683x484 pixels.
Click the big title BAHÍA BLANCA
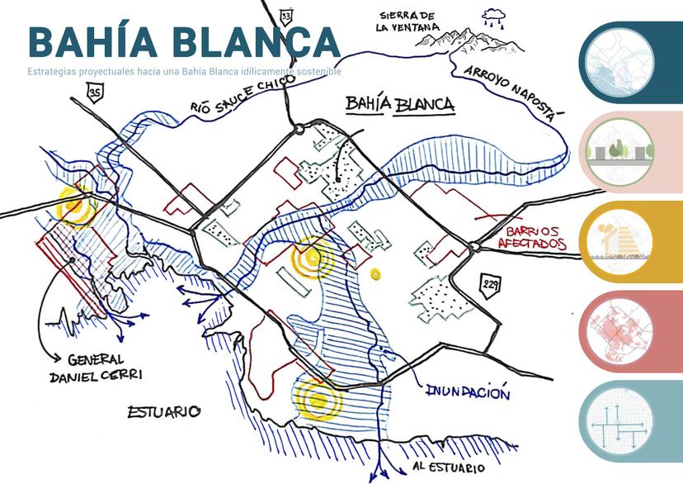pos(183,41)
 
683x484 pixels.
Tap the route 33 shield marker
pos(286,17)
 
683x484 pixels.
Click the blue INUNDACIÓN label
pos(468,392)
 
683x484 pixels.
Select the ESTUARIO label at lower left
pos(165,410)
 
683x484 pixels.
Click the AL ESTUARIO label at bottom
pos(448,468)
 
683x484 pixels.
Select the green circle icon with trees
pos(618,150)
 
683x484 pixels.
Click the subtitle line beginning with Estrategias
pos(184,72)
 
